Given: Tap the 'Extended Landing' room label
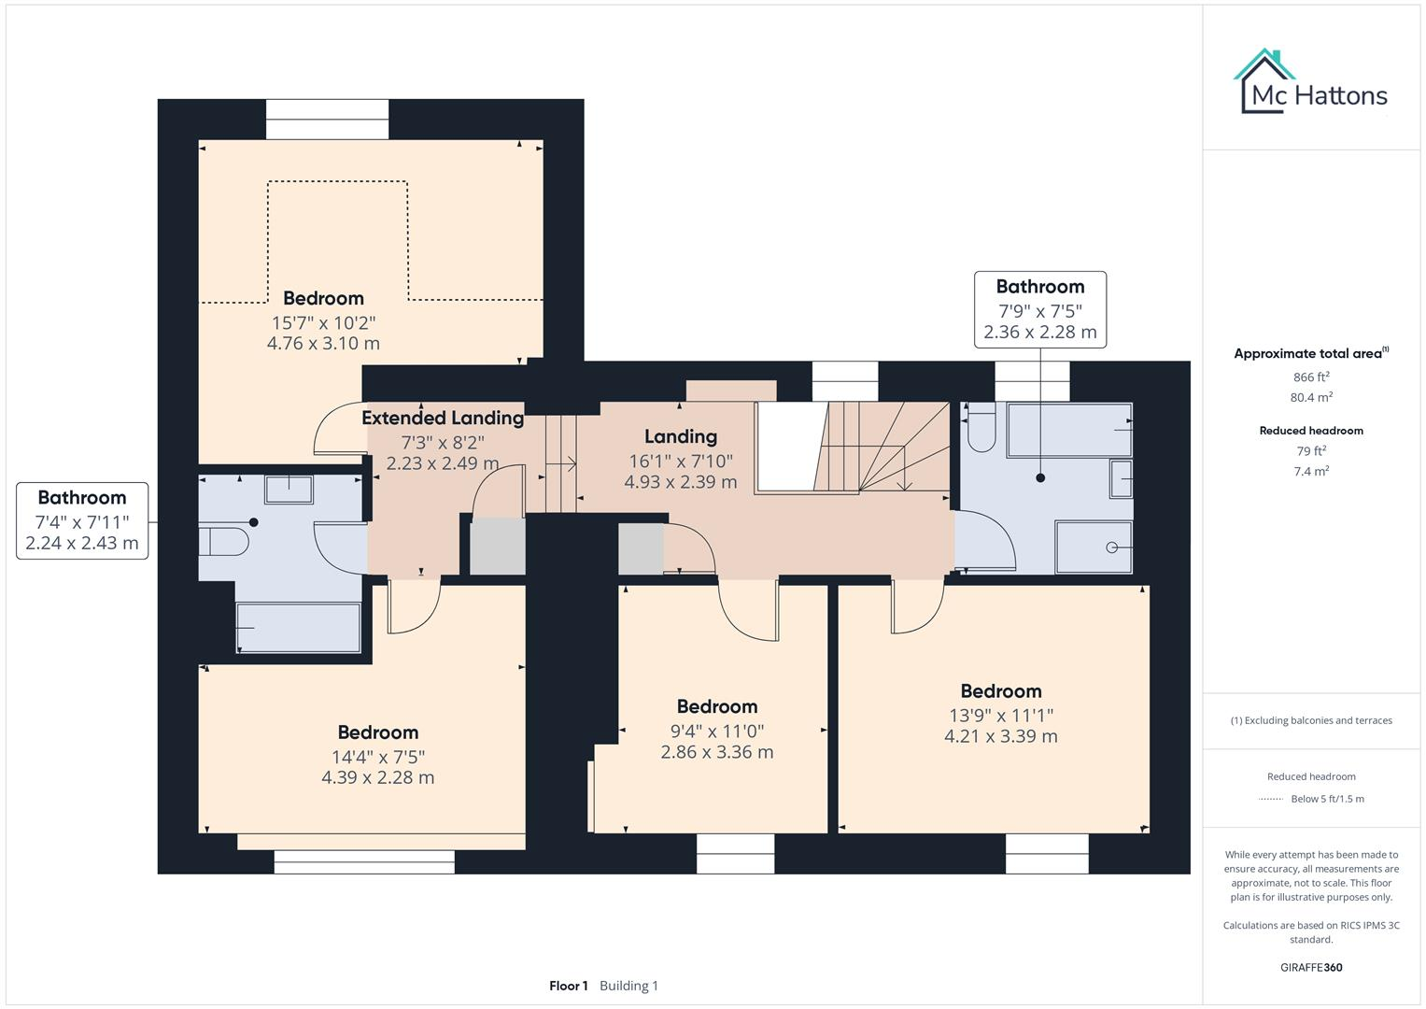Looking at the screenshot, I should pos(443,418).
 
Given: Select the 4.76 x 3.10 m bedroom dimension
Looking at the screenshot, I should pos(323,343).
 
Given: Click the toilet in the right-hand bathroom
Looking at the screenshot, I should pos(981,429).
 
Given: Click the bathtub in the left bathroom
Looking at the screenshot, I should pos(298,627).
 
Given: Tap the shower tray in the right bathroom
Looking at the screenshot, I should pos(1094,547).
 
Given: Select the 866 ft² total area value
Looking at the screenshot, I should pos(1310,377).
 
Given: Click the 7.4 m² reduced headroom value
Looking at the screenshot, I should pos(1310,471).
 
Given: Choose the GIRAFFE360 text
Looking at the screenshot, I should pos(1310,967).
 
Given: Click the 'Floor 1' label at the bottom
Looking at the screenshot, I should pos(568,986).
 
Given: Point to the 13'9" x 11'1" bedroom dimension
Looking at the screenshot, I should pos(1000,715).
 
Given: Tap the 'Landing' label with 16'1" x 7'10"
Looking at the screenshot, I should pos(681,436).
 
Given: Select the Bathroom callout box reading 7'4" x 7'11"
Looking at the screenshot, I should pos(82,520).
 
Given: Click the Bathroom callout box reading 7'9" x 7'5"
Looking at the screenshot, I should pos(1039,309).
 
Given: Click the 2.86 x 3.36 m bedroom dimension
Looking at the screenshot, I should pos(716,752).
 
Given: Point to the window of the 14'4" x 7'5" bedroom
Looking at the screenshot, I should pos(364,861).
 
